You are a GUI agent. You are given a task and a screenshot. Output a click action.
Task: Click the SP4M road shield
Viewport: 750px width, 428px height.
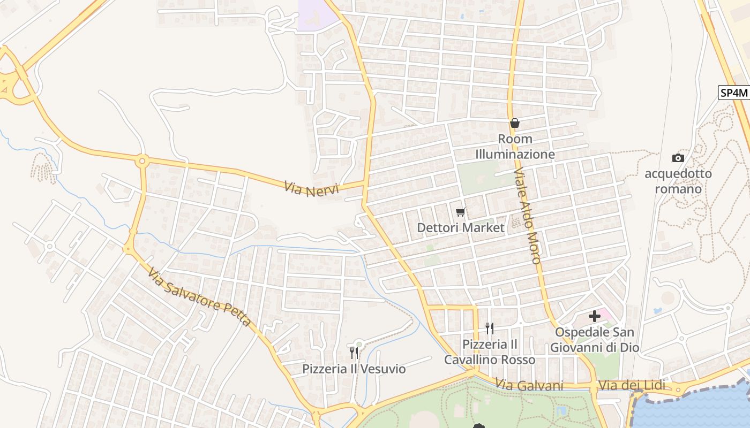(x=733, y=93)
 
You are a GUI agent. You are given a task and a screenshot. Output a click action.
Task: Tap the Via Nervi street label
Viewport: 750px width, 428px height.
(x=311, y=189)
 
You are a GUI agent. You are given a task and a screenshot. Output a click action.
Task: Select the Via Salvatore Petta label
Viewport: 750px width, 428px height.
(x=199, y=297)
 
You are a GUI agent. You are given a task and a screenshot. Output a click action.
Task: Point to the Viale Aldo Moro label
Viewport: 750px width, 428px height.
(x=528, y=216)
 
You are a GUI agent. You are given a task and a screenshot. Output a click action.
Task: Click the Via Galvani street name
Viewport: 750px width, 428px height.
(x=529, y=385)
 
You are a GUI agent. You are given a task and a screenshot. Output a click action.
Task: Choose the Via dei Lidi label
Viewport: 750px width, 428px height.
(x=632, y=385)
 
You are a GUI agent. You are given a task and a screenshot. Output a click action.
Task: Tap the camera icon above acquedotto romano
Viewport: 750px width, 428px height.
(x=678, y=158)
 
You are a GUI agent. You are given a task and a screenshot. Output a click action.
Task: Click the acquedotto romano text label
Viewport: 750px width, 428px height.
(x=678, y=181)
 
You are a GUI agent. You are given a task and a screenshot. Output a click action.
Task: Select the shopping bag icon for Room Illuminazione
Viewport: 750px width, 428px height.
(x=514, y=123)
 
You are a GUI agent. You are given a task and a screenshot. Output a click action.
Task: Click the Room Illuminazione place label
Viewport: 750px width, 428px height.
(x=515, y=147)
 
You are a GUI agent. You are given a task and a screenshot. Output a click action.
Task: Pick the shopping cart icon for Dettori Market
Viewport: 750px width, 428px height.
(x=460, y=212)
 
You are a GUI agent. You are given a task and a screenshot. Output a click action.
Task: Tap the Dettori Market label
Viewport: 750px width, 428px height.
(x=461, y=228)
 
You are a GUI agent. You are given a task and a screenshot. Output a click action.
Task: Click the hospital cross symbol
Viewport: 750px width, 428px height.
(x=594, y=316)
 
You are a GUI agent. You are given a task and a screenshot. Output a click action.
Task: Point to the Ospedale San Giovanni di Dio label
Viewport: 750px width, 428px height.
(x=595, y=340)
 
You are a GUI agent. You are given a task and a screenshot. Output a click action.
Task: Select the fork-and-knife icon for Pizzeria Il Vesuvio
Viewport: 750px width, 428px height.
(x=354, y=353)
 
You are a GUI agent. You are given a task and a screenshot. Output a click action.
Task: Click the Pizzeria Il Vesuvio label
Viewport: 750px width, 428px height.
(x=354, y=369)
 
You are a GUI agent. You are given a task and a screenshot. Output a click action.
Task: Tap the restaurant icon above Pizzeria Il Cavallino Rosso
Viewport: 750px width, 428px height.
(x=489, y=328)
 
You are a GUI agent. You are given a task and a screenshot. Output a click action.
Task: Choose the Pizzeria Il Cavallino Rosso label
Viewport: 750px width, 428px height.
(x=489, y=351)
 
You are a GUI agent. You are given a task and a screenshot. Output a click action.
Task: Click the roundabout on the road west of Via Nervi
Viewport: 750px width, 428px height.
(x=142, y=160)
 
